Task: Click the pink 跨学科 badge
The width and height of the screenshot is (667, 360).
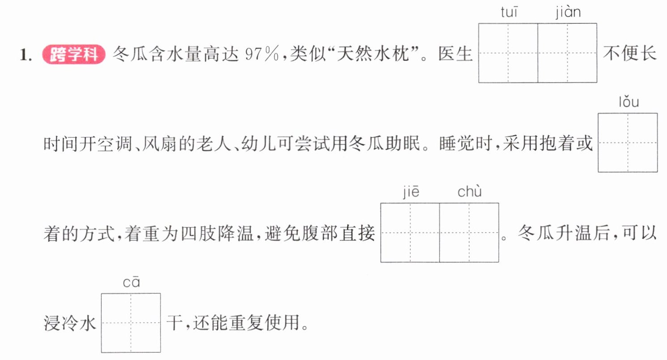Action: tap(74, 54)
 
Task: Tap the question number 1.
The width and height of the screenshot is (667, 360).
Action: tap(26, 55)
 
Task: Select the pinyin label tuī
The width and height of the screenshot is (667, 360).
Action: tap(509, 12)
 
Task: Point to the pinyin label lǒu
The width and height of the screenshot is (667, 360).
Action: tap(629, 102)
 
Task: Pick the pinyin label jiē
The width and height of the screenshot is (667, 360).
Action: tap(411, 192)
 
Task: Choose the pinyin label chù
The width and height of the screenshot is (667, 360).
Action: tap(469, 191)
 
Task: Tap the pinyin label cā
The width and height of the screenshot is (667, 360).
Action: tap(131, 283)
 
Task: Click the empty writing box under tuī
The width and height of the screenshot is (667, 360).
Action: tap(508, 53)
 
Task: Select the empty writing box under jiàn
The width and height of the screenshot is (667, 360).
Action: tap(567, 53)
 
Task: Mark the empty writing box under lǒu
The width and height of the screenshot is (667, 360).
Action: tap(628, 142)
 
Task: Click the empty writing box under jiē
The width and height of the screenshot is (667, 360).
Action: tap(410, 233)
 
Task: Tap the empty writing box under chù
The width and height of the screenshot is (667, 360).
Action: tap(469, 233)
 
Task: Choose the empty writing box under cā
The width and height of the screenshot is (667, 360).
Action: tap(131, 323)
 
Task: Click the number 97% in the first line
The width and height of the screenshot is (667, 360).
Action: tap(262, 54)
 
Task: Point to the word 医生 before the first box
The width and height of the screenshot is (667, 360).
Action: tap(455, 54)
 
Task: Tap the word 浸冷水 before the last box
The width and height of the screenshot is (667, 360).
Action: tap(70, 323)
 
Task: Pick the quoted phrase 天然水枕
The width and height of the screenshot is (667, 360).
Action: tap(372, 54)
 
